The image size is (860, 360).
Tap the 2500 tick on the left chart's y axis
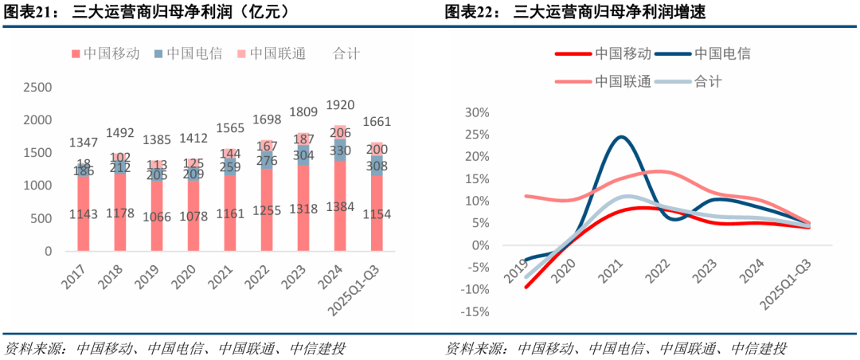click(x=38, y=88)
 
